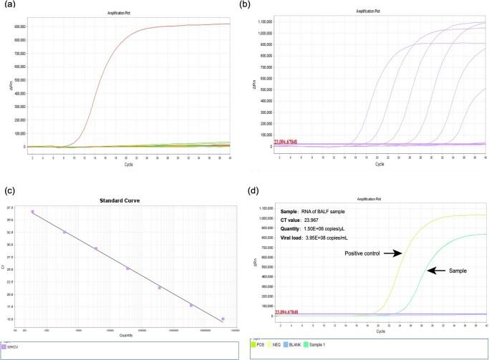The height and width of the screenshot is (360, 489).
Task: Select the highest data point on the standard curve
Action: tap(32, 212)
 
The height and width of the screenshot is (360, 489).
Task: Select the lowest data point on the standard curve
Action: tap(223, 318)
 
